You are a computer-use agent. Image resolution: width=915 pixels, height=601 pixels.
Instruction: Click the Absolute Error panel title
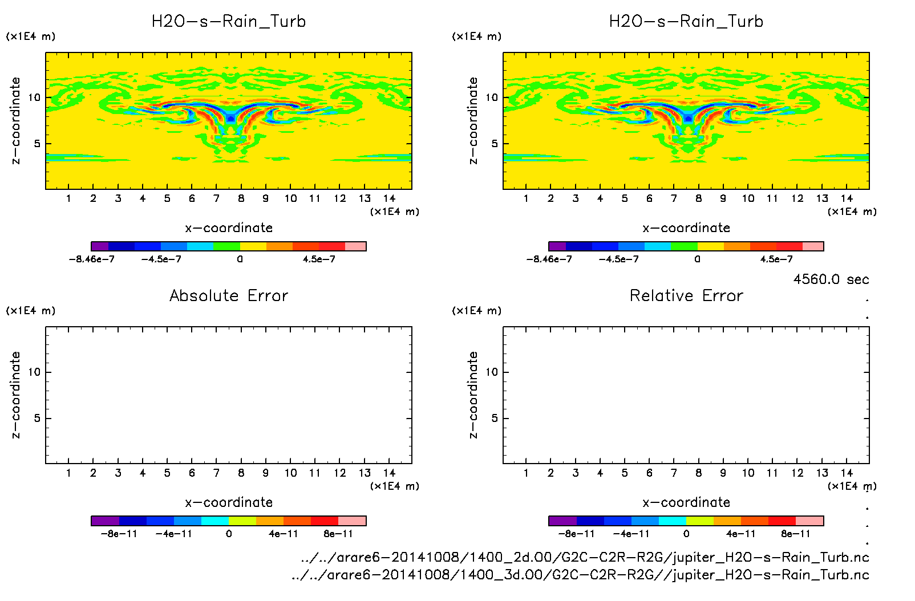[x=229, y=295]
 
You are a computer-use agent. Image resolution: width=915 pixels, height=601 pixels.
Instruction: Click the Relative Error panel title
[x=686, y=295]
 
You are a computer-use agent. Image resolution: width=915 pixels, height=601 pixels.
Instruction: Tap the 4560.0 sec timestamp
[x=831, y=279]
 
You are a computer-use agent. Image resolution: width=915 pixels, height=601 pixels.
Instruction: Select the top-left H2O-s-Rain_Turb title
[x=229, y=22]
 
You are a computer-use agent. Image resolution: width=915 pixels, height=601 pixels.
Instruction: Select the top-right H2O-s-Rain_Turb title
[x=686, y=22]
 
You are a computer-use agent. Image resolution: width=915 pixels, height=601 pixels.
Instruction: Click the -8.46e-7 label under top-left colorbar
[x=91, y=259]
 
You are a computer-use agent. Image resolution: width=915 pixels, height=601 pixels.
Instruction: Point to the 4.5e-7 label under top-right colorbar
[x=776, y=259]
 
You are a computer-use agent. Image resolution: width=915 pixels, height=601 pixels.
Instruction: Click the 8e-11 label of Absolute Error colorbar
[x=338, y=534]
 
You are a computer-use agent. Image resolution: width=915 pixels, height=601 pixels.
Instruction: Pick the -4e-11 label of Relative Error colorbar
[x=631, y=534]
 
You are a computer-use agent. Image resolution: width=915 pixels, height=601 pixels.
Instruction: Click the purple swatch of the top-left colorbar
[x=100, y=246]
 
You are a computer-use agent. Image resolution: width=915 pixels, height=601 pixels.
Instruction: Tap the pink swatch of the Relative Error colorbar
[x=809, y=521]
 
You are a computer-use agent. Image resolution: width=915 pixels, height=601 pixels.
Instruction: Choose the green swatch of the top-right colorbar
[x=684, y=246]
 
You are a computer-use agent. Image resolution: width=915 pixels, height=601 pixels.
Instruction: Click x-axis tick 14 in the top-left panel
[x=389, y=198]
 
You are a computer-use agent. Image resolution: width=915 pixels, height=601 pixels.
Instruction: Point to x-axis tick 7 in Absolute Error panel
[x=216, y=473]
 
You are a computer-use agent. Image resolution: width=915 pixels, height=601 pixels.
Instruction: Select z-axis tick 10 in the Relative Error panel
[x=492, y=372]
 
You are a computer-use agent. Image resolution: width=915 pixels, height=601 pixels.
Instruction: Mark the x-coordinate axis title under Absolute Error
[x=229, y=502]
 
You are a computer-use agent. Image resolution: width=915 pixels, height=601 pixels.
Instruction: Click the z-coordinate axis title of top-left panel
[x=15, y=121]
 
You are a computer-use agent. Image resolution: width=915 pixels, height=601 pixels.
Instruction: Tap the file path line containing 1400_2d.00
[x=585, y=557]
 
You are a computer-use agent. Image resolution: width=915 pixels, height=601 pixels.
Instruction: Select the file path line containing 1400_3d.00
[x=580, y=575]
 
